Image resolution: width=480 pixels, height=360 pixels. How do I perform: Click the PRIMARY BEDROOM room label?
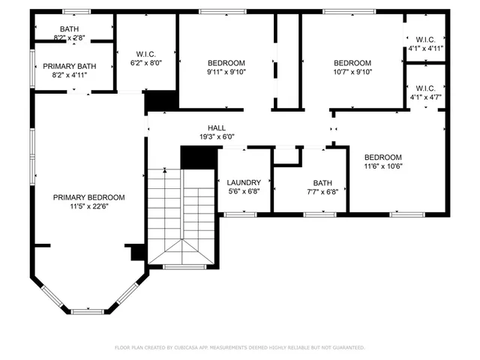point(88,197)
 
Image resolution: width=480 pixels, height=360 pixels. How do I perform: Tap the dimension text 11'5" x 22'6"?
point(88,207)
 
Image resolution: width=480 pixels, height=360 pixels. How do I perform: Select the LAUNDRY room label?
point(244,182)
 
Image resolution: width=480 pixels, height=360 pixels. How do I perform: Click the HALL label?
point(217,128)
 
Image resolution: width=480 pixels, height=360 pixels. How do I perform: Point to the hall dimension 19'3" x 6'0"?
point(217,137)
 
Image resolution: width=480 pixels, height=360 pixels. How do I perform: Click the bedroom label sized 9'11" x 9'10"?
point(226,63)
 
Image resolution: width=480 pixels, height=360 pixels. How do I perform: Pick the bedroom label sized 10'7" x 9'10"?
point(352,63)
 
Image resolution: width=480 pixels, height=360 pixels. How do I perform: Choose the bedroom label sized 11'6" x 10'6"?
point(382,157)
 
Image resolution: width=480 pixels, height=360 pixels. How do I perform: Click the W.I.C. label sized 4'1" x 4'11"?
point(424,40)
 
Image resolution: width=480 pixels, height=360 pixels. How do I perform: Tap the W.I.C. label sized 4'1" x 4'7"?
point(424,88)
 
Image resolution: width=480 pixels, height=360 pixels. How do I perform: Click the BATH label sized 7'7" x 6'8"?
point(322,182)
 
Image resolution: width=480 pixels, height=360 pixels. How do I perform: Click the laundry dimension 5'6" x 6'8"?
point(244,191)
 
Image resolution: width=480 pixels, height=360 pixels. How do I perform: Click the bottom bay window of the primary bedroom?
point(92,310)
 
